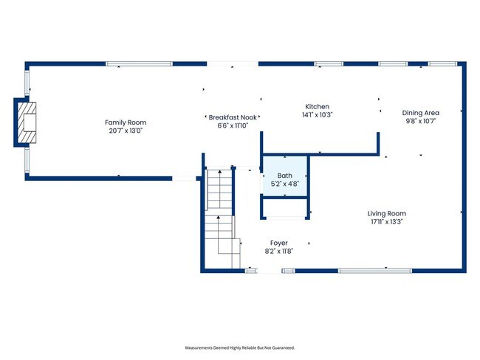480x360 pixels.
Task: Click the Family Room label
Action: tap(126, 122)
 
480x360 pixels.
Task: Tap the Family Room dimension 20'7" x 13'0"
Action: tap(126, 131)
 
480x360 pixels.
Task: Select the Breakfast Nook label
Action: tap(232, 117)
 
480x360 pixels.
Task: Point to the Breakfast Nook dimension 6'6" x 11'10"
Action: tap(232, 125)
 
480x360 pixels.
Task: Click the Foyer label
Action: tap(278, 243)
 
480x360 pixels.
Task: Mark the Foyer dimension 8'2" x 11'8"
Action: tap(278, 252)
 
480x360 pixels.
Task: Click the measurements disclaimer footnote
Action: tap(243, 347)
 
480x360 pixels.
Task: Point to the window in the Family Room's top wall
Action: tap(139, 64)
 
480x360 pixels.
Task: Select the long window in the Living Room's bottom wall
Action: tap(371, 271)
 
